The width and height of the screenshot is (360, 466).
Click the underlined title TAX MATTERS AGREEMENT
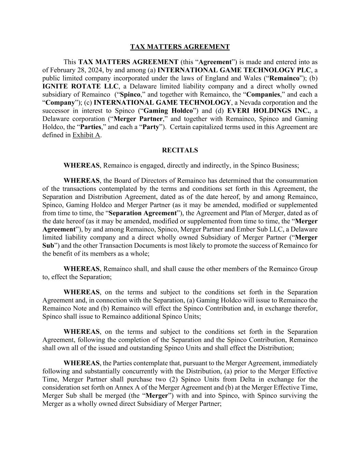(180, 47)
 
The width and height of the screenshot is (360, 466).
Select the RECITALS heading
(180, 150)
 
